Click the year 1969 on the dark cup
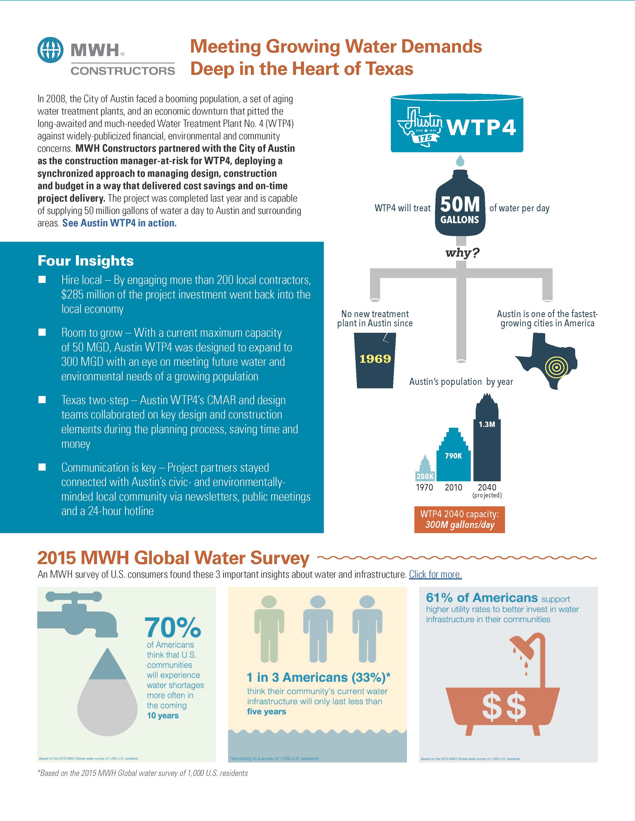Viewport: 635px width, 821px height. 375,359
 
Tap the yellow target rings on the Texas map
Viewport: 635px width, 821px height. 556,367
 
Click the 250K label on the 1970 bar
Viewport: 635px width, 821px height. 425,476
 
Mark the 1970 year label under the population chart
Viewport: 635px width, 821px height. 424,487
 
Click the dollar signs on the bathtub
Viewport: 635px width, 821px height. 504,707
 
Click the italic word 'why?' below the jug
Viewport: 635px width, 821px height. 462,253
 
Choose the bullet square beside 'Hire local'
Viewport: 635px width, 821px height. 42,279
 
